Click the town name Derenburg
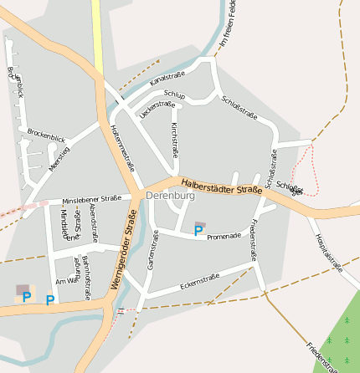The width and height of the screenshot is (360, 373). [170, 195]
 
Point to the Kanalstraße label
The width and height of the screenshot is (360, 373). [167, 80]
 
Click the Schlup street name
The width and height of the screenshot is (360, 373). [175, 95]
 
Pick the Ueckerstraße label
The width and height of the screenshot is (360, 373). [157, 109]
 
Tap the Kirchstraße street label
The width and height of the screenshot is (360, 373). [175, 139]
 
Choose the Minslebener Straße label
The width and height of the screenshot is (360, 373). [91, 200]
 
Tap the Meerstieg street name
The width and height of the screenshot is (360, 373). [59, 159]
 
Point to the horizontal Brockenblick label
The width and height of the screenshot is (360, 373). [45, 135]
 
